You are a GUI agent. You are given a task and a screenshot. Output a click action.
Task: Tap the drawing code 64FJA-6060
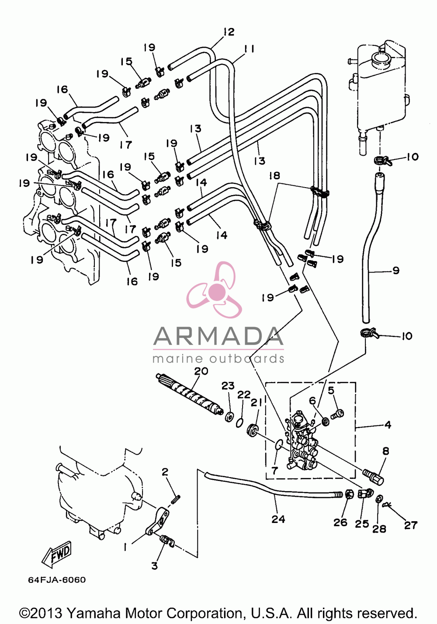coord(57,580)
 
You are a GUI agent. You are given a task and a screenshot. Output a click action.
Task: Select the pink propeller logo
coord(214,290)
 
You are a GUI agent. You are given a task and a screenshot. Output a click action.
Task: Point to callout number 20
coord(201,372)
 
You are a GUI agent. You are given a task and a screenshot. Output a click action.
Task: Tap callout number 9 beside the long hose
coord(395,270)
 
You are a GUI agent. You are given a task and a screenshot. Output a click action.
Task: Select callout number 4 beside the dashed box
coord(387,425)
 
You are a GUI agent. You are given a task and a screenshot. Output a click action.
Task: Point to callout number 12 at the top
coord(229,32)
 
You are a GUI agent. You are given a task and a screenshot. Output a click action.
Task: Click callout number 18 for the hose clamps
coord(274,176)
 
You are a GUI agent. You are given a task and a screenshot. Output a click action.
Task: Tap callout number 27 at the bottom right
coord(411,525)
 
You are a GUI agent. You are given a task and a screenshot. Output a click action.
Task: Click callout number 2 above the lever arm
coord(165,472)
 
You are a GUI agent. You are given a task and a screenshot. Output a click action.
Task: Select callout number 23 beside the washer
coord(228,386)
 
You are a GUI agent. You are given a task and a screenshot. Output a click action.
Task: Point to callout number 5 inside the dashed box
coord(331,390)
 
